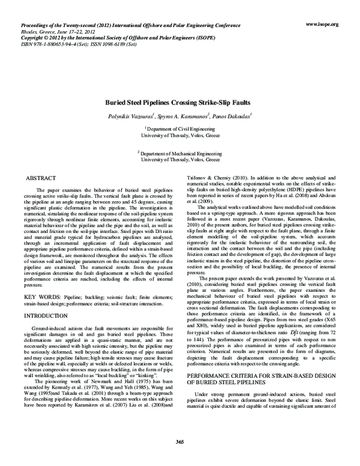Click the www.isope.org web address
click(323, 24)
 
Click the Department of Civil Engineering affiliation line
click(180, 129)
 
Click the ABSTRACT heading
click(41, 178)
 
